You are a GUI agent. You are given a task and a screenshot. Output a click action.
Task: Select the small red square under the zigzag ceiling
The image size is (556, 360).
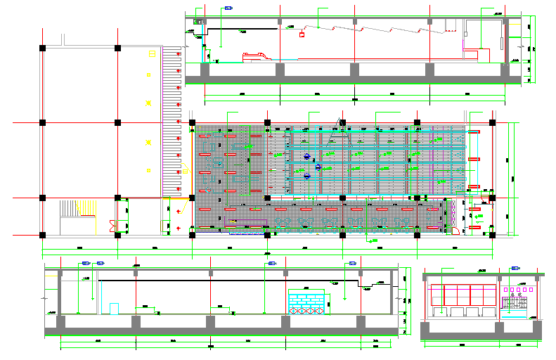point(302,34)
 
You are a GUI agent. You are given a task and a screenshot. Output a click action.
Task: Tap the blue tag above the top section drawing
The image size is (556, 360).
point(228,8)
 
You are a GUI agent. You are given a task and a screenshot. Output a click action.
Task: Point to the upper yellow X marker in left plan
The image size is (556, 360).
point(148,104)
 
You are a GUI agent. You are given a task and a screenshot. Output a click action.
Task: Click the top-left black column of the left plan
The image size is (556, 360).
point(43,48)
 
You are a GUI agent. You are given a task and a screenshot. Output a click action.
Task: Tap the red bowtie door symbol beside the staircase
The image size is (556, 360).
point(111,224)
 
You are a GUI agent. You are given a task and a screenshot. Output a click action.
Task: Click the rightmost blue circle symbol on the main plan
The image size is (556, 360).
point(318,167)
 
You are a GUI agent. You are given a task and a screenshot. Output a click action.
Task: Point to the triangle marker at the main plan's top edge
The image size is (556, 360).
point(343,122)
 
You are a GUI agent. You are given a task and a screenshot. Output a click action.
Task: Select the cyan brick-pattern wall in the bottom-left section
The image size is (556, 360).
point(306,299)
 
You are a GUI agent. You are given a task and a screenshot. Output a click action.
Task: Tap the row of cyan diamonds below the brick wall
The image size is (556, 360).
point(306,309)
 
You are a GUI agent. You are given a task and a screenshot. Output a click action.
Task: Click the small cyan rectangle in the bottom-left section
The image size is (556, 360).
point(114,308)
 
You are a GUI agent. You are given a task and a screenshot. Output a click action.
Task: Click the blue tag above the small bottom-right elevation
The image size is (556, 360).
point(515,268)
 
